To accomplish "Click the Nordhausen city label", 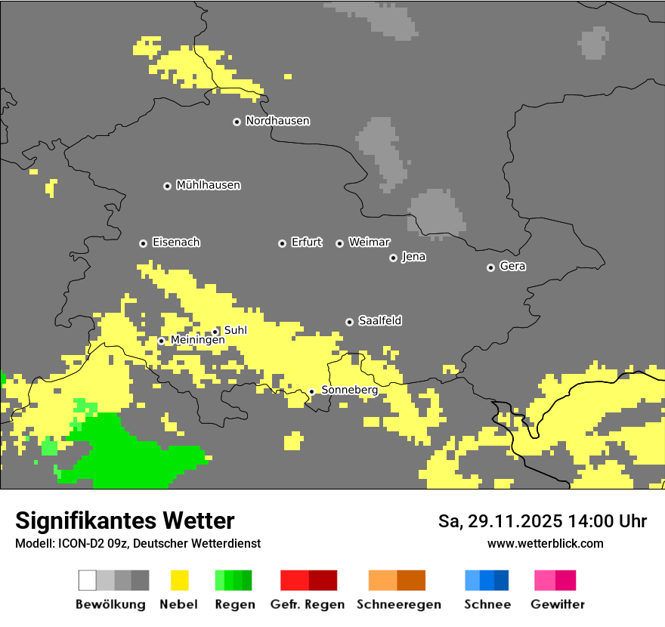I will (x=277, y=121).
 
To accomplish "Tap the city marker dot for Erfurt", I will (x=282, y=243).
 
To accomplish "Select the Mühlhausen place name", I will (x=208, y=185).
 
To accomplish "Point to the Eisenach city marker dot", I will (x=143, y=243).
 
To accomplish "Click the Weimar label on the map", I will (x=369, y=242).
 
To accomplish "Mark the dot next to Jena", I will (x=393, y=258).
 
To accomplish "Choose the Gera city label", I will (x=512, y=267).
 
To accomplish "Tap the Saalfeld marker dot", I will (x=349, y=322).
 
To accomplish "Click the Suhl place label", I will (x=235, y=330).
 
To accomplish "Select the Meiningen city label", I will (x=197, y=341).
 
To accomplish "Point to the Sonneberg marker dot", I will (x=311, y=391).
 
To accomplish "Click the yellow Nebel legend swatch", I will (x=179, y=580).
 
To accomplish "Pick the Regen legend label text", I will (x=234, y=604).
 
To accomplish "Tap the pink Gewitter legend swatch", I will (x=555, y=580).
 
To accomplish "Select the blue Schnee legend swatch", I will (x=487, y=580).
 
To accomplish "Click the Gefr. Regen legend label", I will (x=308, y=604).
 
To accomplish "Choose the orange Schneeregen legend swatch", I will (x=397, y=580).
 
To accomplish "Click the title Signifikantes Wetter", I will (x=125, y=520).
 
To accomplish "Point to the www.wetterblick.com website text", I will (x=545, y=543).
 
